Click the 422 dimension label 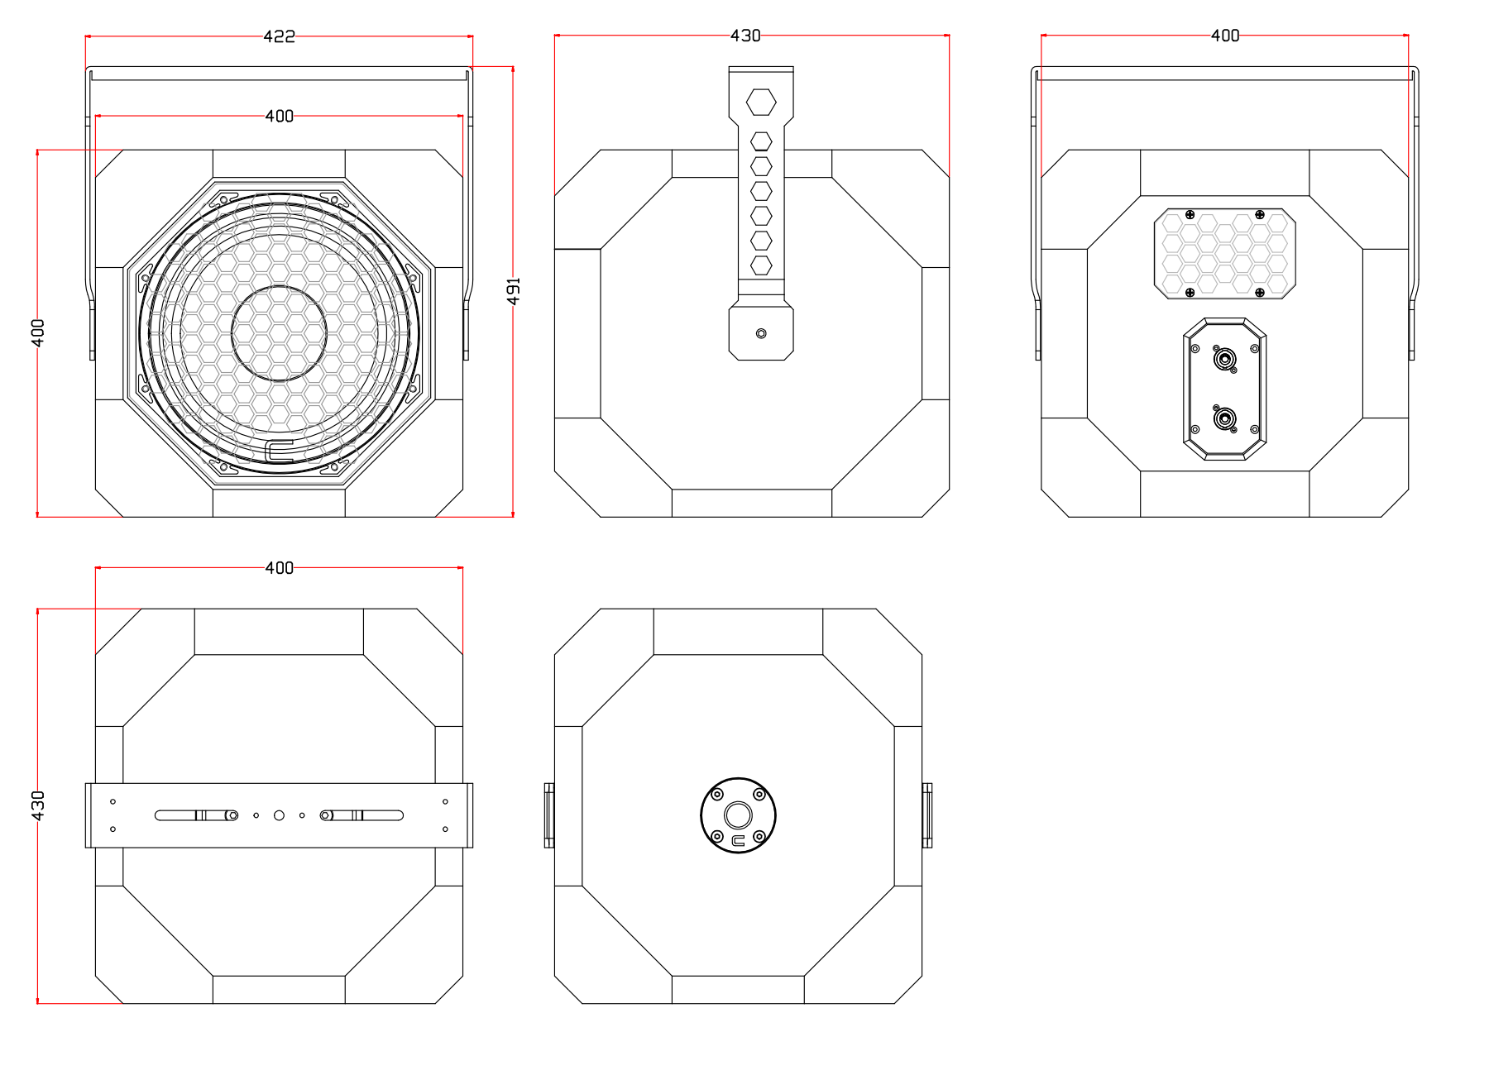pos(279,36)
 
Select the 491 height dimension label pos(514,291)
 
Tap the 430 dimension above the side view pos(745,36)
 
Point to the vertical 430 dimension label pos(38,805)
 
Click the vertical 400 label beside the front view pos(38,333)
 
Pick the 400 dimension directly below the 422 pos(279,116)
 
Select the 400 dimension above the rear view pos(1225,36)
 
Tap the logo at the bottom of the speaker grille pos(280,451)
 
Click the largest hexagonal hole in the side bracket pos(761,103)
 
